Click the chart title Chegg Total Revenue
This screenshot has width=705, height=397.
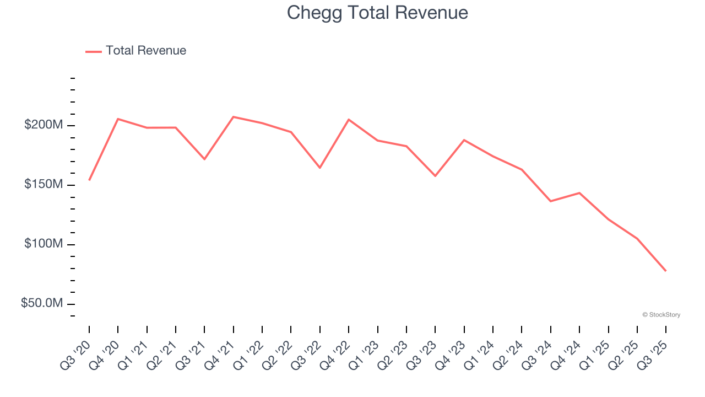(377, 13)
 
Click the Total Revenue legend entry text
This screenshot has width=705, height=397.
(146, 51)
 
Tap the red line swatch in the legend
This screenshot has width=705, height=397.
(94, 51)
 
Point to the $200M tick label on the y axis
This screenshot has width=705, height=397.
(44, 125)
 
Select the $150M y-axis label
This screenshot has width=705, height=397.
(44, 184)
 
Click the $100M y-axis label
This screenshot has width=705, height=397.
(44, 244)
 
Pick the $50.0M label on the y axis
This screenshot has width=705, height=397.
(42, 303)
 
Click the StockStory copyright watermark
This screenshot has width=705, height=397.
(661, 315)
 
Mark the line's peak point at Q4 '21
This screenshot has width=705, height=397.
(234, 117)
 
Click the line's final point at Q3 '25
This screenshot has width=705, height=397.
(666, 271)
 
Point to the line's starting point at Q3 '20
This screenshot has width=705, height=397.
(89, 180)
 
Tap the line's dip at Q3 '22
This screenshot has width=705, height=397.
(320, 168)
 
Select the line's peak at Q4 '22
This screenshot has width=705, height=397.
(349, 120)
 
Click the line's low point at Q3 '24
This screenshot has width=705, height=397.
(551, 201)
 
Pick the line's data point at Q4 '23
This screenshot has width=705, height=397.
(464, 140)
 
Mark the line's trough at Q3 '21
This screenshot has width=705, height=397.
(204, 159)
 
